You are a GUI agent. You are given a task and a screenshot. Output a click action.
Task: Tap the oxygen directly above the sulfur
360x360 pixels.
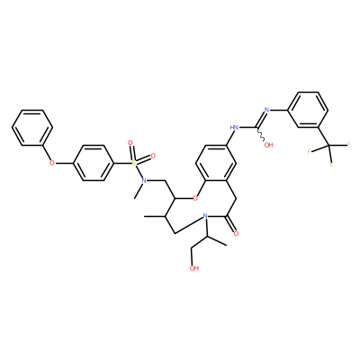tap(130, 143)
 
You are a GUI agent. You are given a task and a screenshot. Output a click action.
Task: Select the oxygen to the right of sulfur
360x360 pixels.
tap(153, 156)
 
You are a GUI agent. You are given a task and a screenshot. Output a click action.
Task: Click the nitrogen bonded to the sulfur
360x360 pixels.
tap(144, 181)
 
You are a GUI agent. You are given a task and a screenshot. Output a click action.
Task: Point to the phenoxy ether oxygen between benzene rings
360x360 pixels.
tap(52, 163)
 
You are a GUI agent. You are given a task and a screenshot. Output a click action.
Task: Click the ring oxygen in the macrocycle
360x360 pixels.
tap(195, 198)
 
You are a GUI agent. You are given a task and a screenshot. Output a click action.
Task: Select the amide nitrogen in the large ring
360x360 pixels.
tap(205, 216)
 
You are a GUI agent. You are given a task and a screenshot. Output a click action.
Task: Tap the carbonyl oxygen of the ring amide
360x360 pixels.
tap(236, 233)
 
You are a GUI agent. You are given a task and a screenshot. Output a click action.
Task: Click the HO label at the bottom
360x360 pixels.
tap(194, 268)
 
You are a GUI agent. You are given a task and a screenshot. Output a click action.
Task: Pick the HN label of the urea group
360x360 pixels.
tap(234, 128)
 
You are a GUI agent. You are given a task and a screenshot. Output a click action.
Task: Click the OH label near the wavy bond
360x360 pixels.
tap(268, 145)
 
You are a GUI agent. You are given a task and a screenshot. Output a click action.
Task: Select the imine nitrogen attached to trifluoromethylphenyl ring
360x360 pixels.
tap(266, 110)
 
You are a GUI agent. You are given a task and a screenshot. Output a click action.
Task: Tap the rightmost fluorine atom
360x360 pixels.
tap(348, 145)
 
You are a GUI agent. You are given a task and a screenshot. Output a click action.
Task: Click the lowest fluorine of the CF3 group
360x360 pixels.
tap(331, 165)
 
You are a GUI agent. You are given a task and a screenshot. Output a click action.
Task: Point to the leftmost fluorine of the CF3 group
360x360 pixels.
tap(309, 152)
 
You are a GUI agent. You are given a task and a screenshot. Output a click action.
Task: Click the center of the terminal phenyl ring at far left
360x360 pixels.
tap(32, 128)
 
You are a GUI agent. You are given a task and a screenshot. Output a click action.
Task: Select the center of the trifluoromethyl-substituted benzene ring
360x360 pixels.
tap(308, 110)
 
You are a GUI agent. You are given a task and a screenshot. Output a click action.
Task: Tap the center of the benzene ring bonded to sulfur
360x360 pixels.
tap(94, 163)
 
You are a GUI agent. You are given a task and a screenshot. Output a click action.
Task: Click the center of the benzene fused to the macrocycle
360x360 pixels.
tap(215, 163)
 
